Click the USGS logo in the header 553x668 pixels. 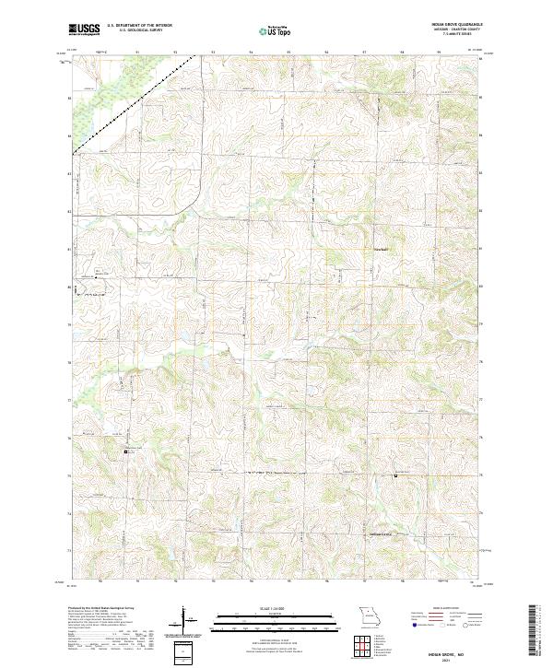[85, 29]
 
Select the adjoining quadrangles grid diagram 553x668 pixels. [368, 648]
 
